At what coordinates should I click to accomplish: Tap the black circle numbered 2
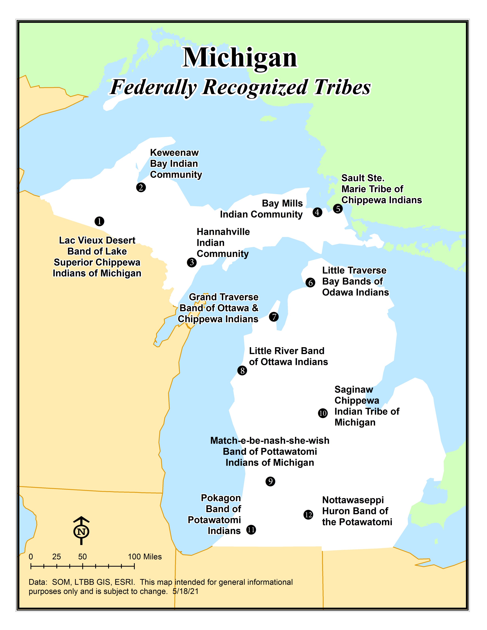coord(141,187)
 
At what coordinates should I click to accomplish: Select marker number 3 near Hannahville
coord(192,262)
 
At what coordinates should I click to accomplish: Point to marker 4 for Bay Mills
coord(317,212)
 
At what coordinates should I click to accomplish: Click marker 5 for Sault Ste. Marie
coord(338,209)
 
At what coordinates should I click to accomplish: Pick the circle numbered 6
coord(310,282)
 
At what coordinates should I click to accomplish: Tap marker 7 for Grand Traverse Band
coord(274,317)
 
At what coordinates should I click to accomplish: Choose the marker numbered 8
coord(242,371)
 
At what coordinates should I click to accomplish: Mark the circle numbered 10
coord(323,413)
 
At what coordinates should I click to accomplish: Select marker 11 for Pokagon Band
coord(251,530)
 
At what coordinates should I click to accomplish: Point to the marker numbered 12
coord(308,515)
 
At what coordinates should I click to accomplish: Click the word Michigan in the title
coord(240,58)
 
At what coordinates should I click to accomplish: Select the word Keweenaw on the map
coord(174,153)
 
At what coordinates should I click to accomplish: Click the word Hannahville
coord(223,232)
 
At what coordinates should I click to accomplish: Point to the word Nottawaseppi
coord(353,500)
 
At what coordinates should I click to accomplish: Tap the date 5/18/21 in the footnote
coord(186,591)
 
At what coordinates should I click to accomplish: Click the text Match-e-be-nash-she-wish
coord(270,440)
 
